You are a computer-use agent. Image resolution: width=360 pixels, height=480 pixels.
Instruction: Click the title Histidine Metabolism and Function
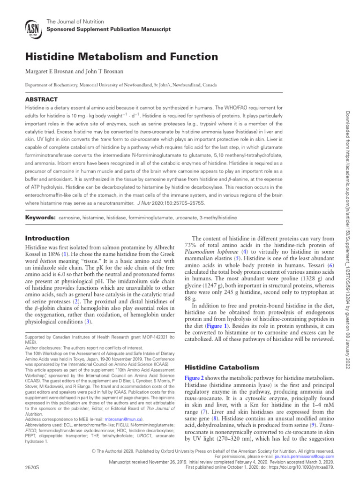pyautogui.click(x=121, y=57)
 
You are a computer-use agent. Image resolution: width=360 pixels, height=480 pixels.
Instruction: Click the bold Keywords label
pyautogui.click(x=40, y=218)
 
